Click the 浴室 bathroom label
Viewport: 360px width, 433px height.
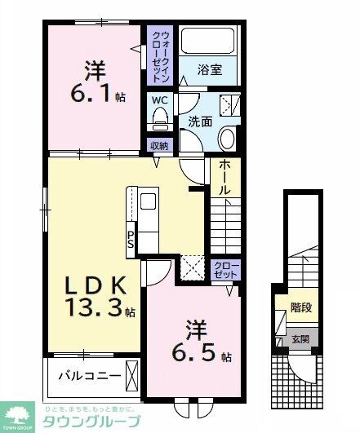point(211,71)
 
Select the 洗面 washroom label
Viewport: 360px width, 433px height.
point(201,122)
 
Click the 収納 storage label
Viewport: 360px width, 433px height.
point(158,146)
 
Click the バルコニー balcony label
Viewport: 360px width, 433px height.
point(90,378)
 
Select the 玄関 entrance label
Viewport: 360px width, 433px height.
point(300,338)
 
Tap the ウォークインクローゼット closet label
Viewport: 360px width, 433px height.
point(158,52)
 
